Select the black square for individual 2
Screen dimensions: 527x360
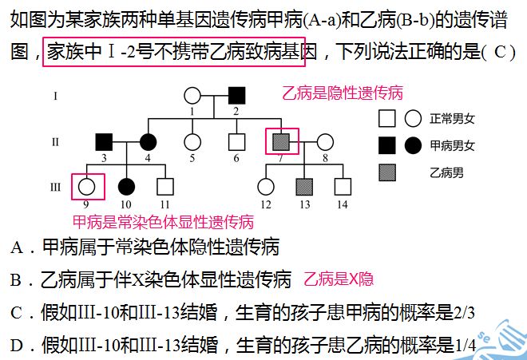236,96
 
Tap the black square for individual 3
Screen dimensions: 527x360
104,142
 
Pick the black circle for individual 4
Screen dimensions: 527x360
148,142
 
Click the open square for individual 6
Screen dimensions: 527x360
236,142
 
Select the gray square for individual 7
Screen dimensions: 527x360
281,142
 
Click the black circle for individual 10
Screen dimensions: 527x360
126,187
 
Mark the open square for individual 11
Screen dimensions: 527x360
165,187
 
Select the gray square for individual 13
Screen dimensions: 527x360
304,187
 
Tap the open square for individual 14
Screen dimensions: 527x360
343,187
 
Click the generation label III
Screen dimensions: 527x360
55,187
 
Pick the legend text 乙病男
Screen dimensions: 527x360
446,172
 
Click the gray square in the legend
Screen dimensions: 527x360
387,172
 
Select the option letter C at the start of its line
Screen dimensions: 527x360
17,313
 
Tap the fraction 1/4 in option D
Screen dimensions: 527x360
466,346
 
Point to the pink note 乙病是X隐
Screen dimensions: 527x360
339,279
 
